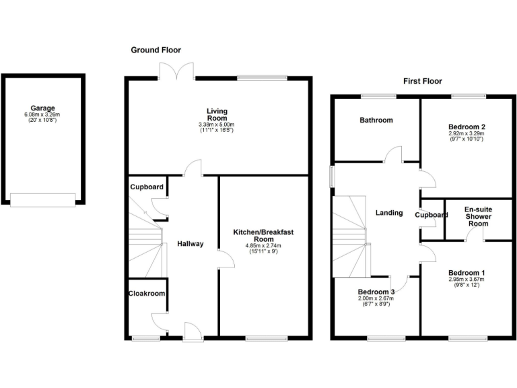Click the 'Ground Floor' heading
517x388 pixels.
156,50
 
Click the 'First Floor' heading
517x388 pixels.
422,81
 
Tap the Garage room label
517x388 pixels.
42,108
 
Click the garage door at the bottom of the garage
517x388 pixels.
42,199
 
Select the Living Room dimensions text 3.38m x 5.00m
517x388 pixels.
216,125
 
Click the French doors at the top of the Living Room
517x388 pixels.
178,71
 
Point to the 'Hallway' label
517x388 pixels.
190,244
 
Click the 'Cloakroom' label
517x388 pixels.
146,293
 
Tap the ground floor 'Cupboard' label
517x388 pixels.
146,187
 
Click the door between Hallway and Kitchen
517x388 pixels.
225,259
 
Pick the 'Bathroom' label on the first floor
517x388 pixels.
376,120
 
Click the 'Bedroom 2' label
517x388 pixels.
467,127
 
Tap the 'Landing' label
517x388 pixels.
388,213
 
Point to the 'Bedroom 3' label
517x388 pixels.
376,291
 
